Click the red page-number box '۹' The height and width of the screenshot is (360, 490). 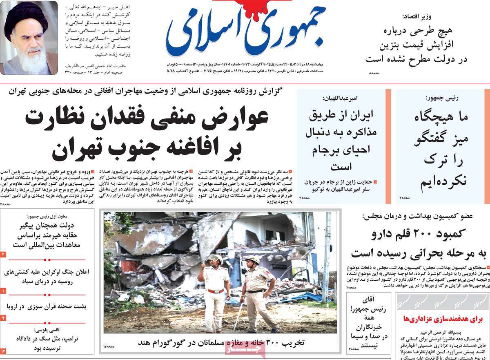[3, 318]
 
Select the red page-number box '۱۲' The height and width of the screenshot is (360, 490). [3, 351]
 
